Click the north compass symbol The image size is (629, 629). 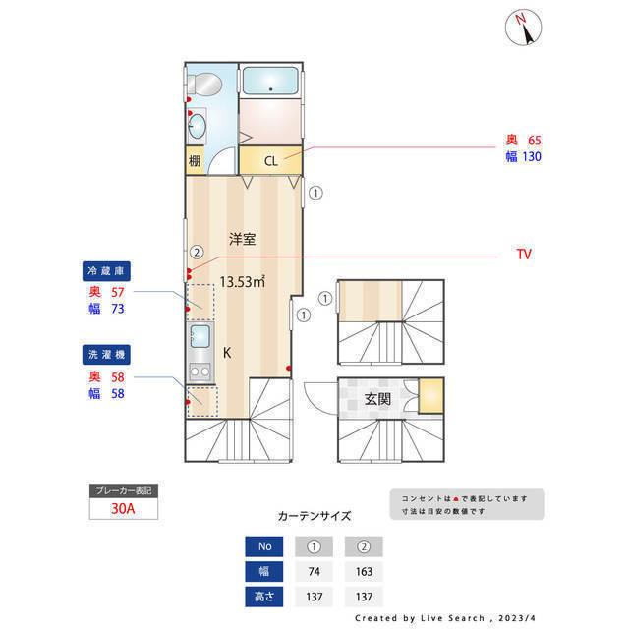(524, 29)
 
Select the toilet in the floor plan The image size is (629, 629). (205, 86)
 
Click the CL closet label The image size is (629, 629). (270, 159)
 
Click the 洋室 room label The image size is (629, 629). (243, 239)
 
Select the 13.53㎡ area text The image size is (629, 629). (243, 282)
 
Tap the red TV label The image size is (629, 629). (524, 254)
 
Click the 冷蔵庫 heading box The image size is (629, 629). (107, 270)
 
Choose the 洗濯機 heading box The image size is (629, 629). (107, 353)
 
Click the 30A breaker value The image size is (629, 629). (123, 509)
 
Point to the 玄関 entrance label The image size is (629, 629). (377, 399)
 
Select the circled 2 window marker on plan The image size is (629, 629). (197, 252)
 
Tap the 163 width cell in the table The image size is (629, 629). (365, 570)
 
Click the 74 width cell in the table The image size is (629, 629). (314, 570)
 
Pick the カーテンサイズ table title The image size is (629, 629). (314, 515)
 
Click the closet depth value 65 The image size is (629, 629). (535, 141)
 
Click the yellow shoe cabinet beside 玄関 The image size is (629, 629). (429, 395)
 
